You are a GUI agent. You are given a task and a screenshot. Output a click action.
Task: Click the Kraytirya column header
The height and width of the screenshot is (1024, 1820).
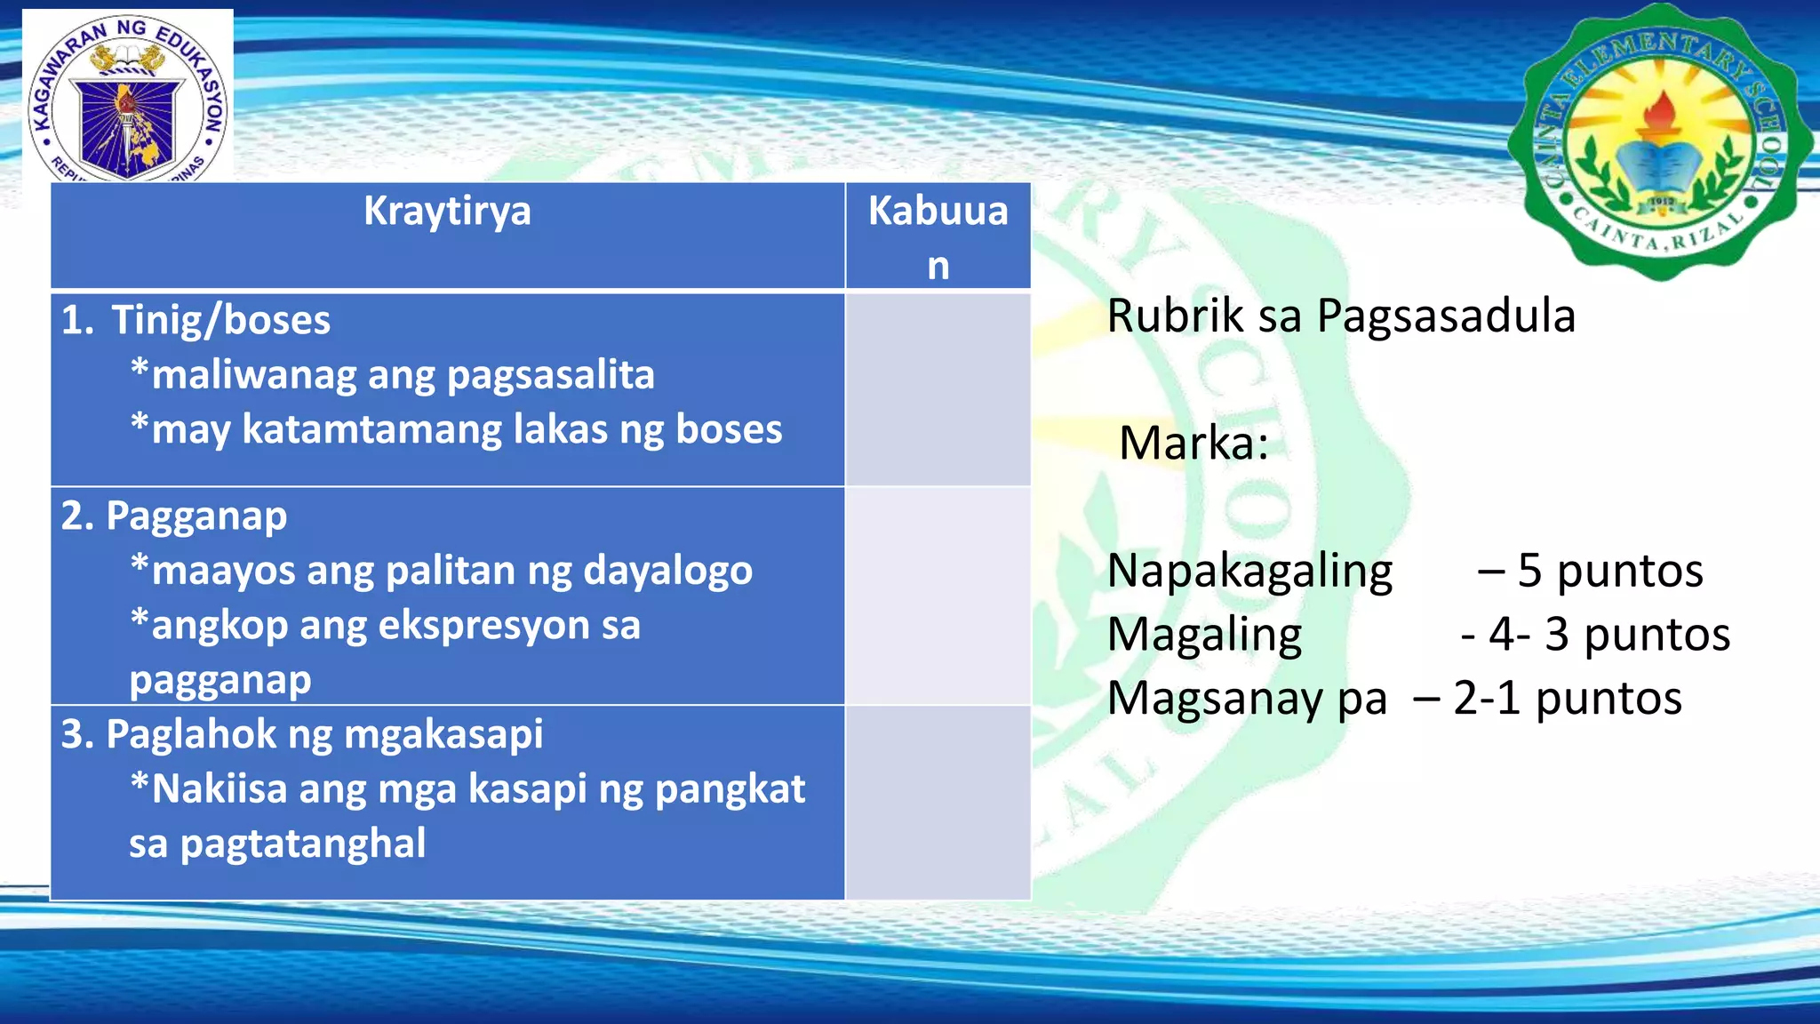[447, 212]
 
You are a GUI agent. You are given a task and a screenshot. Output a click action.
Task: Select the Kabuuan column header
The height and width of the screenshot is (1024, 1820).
[938, 236]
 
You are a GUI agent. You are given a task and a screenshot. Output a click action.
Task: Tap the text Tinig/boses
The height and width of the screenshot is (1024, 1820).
[220, 320]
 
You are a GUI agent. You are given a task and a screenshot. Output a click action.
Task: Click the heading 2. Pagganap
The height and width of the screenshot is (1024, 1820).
[174, 516]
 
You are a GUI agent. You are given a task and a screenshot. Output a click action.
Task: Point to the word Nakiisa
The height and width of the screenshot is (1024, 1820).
[219, 789]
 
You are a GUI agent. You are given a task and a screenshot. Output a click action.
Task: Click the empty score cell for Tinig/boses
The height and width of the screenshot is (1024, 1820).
[938, 389]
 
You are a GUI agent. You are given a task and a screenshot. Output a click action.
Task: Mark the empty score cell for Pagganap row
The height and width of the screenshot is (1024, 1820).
[938, 596]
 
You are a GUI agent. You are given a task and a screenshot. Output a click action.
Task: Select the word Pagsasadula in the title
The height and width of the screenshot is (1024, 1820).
[1446, 317]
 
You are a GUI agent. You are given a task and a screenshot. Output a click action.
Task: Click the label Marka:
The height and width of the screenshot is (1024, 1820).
[1193, 444]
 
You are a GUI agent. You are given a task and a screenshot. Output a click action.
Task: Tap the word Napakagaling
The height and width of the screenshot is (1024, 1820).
[1249, 571]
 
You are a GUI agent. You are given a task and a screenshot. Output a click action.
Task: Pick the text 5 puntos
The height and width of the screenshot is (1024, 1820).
[1609, 571]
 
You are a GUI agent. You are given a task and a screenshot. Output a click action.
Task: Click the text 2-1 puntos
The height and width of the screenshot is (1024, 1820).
[1567, 699]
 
